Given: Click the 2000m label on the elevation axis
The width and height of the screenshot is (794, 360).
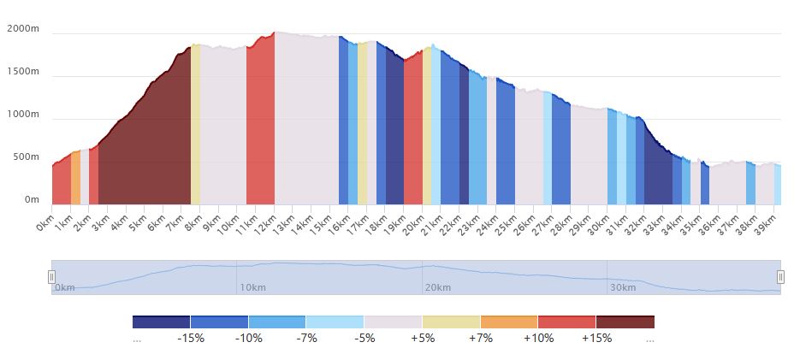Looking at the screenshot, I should coord(23,29).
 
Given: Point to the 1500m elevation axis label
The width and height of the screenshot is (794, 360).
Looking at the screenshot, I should coord(23,72).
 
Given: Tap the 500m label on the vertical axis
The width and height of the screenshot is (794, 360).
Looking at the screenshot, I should coord(26,157).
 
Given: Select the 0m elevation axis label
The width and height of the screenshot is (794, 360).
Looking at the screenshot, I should coord(32,200).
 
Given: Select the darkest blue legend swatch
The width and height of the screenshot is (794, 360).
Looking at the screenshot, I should coord(161,322).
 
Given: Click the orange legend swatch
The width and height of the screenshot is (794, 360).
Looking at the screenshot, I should coord(509,322).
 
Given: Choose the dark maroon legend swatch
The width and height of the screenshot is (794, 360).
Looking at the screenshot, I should coord(625,322).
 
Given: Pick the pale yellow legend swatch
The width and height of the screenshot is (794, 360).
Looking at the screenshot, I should coord(451,322).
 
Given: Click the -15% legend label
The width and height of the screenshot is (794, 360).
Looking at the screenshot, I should coord(190,338).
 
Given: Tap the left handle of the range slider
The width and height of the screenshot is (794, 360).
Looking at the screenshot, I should coord(51,277).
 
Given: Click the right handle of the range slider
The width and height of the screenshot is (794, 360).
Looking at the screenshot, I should coord(780,277).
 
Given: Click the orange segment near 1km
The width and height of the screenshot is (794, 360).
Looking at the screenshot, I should coord(75,180).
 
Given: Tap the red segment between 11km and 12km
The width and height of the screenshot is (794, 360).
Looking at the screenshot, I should coord(260,128).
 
